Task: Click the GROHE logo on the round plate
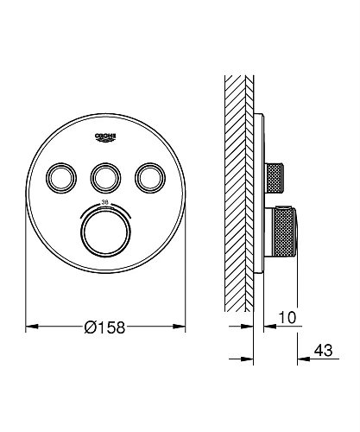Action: point(105,137)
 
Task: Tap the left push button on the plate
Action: point(61,178)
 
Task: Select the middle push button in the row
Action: point(105,178)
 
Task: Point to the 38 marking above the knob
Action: point(105,202)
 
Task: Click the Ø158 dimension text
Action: point(105,327)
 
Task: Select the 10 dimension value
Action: point(287,318)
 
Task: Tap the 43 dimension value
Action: point(323,351)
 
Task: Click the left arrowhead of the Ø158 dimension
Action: point(32,327)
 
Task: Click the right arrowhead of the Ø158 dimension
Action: point(179,327)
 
